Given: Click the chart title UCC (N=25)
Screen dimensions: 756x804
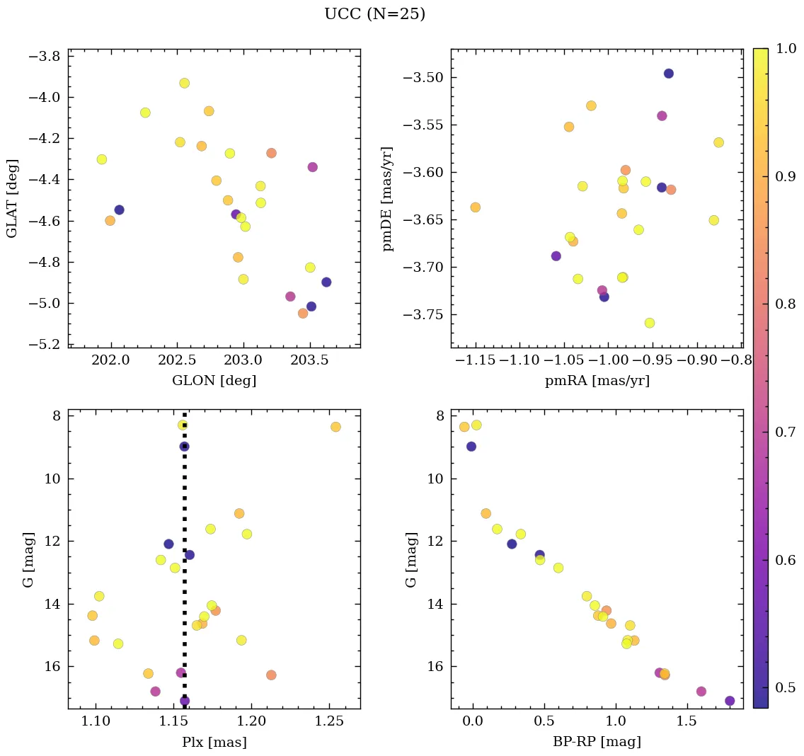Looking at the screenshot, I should (x=374, y=14).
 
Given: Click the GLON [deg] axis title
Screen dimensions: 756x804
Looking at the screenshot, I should (x=214, y=381).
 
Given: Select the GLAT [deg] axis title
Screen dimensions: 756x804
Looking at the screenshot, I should (x=12, y=198).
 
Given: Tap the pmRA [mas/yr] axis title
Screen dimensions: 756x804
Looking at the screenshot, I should (x=597, y=381).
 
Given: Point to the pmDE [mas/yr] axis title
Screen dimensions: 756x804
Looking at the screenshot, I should (x=387, y=198).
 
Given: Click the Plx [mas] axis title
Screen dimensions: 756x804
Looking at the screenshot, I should (x=214, y=743).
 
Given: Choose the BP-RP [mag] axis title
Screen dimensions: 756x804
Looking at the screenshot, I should (x=597, y=743).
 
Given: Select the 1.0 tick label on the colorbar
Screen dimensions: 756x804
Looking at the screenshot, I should (x=786, y=49).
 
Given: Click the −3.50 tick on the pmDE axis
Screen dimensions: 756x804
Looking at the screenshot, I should (x=421, y=78).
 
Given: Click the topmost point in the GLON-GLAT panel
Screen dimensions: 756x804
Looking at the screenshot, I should (x=184, y=83).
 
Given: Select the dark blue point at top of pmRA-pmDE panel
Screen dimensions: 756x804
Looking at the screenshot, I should (x=668, y=74).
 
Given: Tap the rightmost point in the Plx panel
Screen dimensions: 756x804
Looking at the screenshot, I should (x=335, y=427).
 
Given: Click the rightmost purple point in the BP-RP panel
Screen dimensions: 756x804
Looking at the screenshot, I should (x=730, y=701).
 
